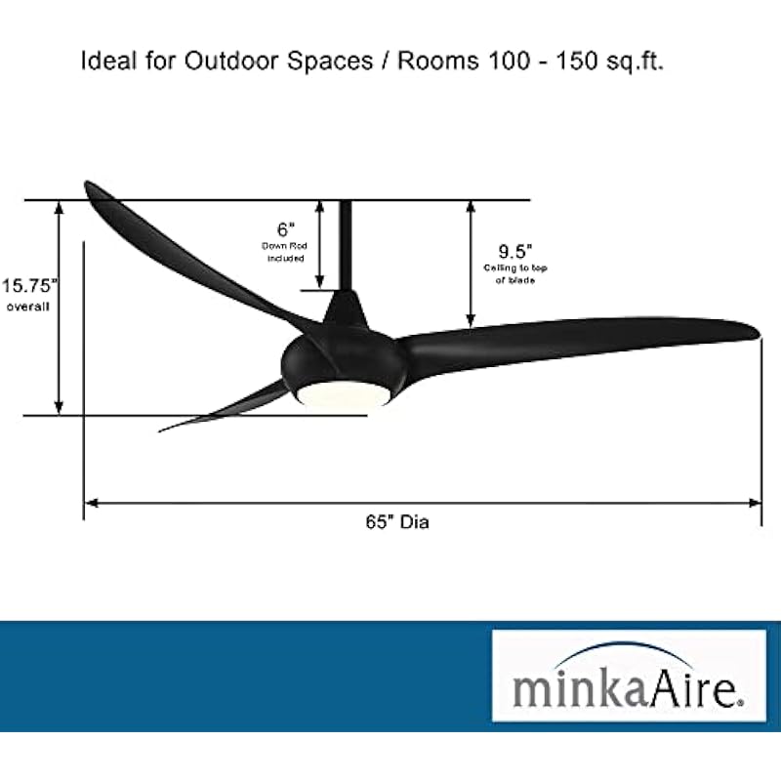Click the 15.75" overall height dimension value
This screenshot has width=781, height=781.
[x=29, y=286]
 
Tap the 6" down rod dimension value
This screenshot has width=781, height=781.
[x=286, y=229]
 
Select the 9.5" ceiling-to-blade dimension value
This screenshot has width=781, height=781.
[x=515, y=252]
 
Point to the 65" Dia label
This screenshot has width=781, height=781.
[x=397, y=522]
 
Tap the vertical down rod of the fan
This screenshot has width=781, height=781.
[x=346, y=245]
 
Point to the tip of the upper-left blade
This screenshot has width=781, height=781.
[x=87, y=183]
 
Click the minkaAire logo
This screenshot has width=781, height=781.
[x=629, y=676]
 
